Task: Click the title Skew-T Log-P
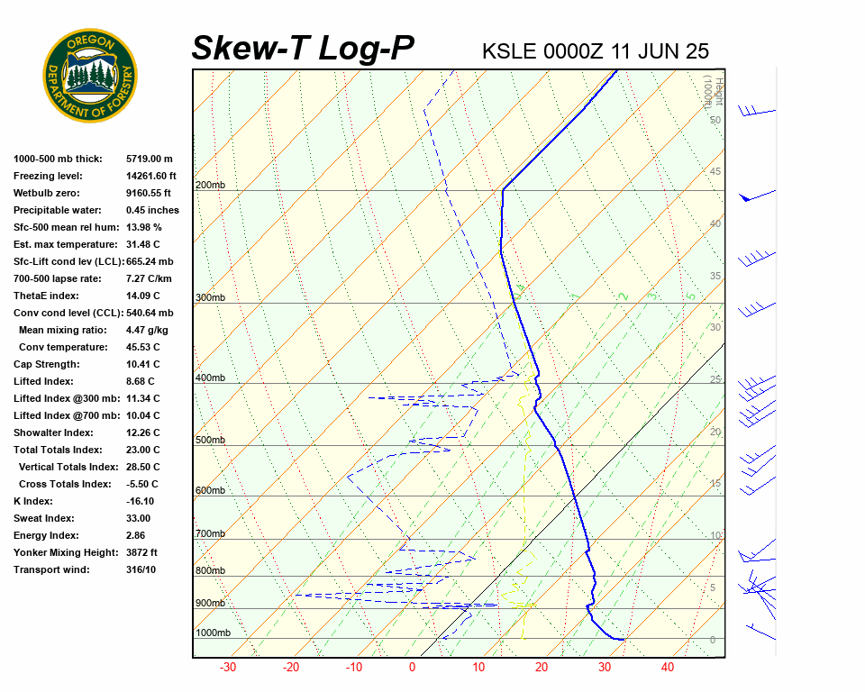click(303, 48)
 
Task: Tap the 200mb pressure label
click(210, 186)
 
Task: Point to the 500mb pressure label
click(210, 441)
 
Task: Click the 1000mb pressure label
click(213, 633)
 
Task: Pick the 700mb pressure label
click(210, 534)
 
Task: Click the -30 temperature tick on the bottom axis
click(228, 668)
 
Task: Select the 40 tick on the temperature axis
click(668, 668)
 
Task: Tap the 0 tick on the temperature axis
click(413, 668)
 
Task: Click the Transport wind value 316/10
click(141, 569)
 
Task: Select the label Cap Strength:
click(47, 364)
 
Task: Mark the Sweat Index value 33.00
click(138, 518)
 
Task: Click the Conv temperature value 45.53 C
click(143, 347)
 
